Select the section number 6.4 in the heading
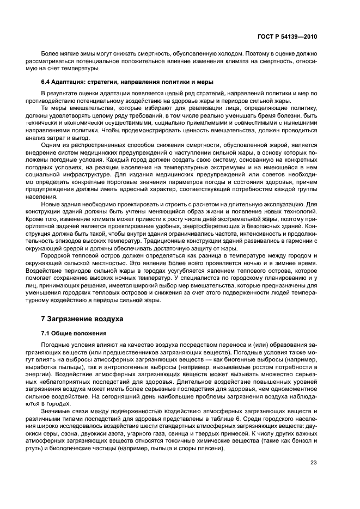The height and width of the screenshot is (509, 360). [45, 82]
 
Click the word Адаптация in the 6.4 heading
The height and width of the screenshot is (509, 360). [68, 82]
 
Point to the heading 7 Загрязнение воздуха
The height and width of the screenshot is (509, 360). [82, 318]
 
